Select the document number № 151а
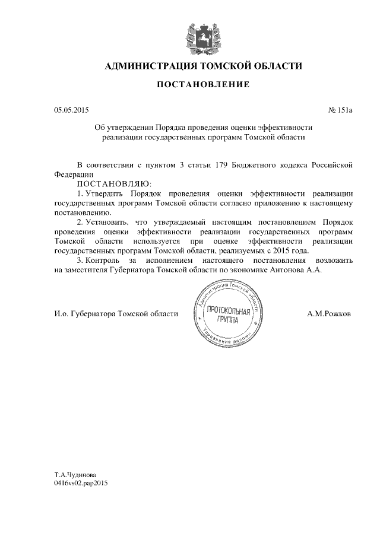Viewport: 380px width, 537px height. click(x=340, y=110)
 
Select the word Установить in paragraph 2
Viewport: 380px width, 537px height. click(x=108, y=222)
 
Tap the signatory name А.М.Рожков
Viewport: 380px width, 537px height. click(x=328, y=313)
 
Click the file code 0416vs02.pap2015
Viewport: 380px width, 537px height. click(x=81, y=484)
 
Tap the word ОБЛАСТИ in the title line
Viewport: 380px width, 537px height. click(x=276, y=66)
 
